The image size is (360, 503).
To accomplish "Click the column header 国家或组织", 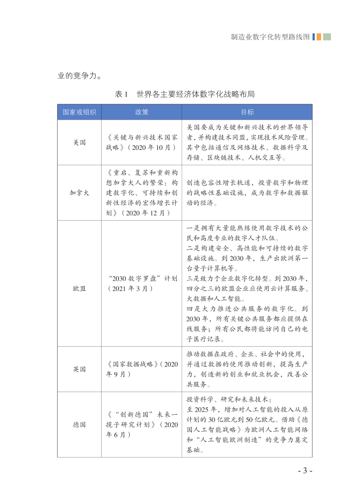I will coord(79,112).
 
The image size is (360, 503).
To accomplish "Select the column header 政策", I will coord(141,112).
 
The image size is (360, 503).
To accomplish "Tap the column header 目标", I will coord(247,112).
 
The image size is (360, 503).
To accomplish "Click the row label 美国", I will coord(79,143).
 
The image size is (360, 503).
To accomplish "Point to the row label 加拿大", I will coord(79,193).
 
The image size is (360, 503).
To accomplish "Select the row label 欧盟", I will coord(79,283).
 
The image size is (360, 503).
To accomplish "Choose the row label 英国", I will coord(79,369).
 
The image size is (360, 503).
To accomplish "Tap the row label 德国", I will coord(79,425).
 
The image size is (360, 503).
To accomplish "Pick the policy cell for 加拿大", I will coord(141,193).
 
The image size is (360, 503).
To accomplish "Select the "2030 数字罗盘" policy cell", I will coord(141,283).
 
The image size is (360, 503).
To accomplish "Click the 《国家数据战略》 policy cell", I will coord(141,369).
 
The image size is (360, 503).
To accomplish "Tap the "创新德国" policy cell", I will coord(141,425).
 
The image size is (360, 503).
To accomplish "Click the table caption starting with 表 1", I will coord(185,94).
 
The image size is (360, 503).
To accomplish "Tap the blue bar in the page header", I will coord(314,37).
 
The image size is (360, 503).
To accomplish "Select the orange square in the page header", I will coord(319,37).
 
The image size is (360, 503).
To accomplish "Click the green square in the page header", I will coord(327,37).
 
